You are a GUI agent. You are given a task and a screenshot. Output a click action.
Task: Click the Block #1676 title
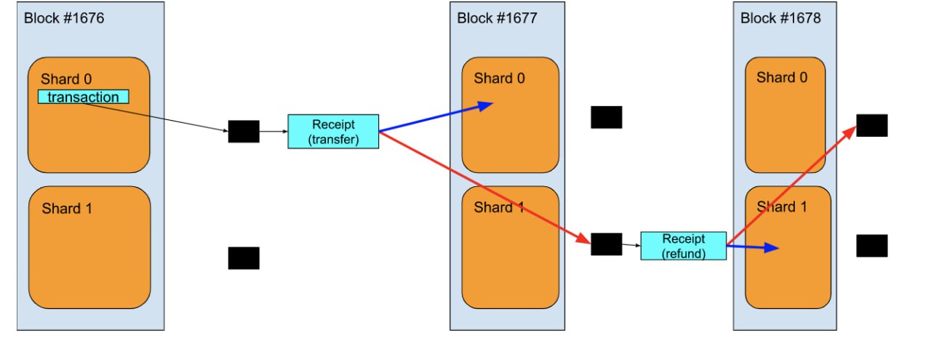[x=64, y=17]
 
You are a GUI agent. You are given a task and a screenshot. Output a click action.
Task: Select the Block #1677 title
[x=497, y=17]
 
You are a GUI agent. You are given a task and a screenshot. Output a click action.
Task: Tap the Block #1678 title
[x=780, y=17]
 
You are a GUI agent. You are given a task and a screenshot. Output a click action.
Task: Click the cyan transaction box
[x=83, y=97]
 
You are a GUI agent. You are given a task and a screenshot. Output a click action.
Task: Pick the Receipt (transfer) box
[x=333, y=132]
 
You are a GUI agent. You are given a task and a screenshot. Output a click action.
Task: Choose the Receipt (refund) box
[x=683, y=246]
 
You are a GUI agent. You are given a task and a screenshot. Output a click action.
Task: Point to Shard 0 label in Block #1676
[x=66, y=79]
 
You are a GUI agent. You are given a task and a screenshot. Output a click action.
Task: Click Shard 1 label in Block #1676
[x=66, y=209]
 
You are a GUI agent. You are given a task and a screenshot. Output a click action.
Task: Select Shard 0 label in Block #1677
[x=499, y=78]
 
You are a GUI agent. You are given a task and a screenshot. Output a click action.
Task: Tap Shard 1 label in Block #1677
[x=499, y=207]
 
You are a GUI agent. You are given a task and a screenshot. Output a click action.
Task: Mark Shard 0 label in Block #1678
[x=781, y=77]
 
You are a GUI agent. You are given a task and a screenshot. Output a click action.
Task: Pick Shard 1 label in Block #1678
[x=781, y=207]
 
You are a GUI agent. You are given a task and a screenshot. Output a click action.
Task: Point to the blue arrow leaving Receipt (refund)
[x=753, y=248]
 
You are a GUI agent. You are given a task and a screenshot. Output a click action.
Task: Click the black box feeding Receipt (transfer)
[x=244, y=132]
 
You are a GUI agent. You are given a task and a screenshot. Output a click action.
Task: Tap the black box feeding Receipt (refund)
[x=606, y=244]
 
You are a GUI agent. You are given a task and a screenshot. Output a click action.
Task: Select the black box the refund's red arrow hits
[x=871, y=125]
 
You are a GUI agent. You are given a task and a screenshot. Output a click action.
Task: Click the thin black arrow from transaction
[x=156, y=117]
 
